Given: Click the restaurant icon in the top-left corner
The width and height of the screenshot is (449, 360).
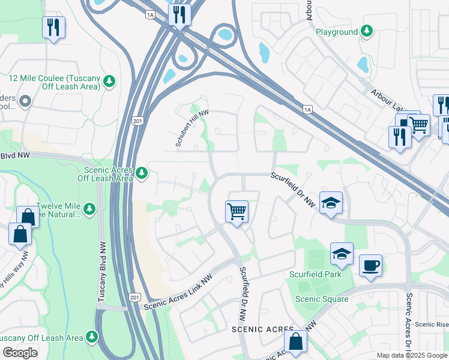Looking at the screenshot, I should (x=53, y=27).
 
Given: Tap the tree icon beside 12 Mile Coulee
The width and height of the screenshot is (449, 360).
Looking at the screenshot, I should (x=109, y=81).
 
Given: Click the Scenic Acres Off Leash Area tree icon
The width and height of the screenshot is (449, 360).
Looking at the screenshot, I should (x=141, y=173).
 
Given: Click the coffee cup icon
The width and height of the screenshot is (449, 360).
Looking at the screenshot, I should (x=370, y=265).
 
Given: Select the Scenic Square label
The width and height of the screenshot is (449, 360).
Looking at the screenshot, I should (x=321, y=299).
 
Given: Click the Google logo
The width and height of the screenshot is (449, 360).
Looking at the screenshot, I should (x=19, y=353).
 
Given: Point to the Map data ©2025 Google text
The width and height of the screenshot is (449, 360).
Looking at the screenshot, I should (x=411, y=355).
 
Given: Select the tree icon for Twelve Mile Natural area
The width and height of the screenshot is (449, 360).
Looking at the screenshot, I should (x=89, y=209).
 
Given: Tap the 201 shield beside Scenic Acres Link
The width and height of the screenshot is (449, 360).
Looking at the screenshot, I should (x=136, y=298).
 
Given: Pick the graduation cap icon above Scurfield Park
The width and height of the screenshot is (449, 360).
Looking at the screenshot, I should (x=341, y=254).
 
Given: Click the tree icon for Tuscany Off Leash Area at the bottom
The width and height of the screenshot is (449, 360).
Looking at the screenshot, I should (x=92, y=337).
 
